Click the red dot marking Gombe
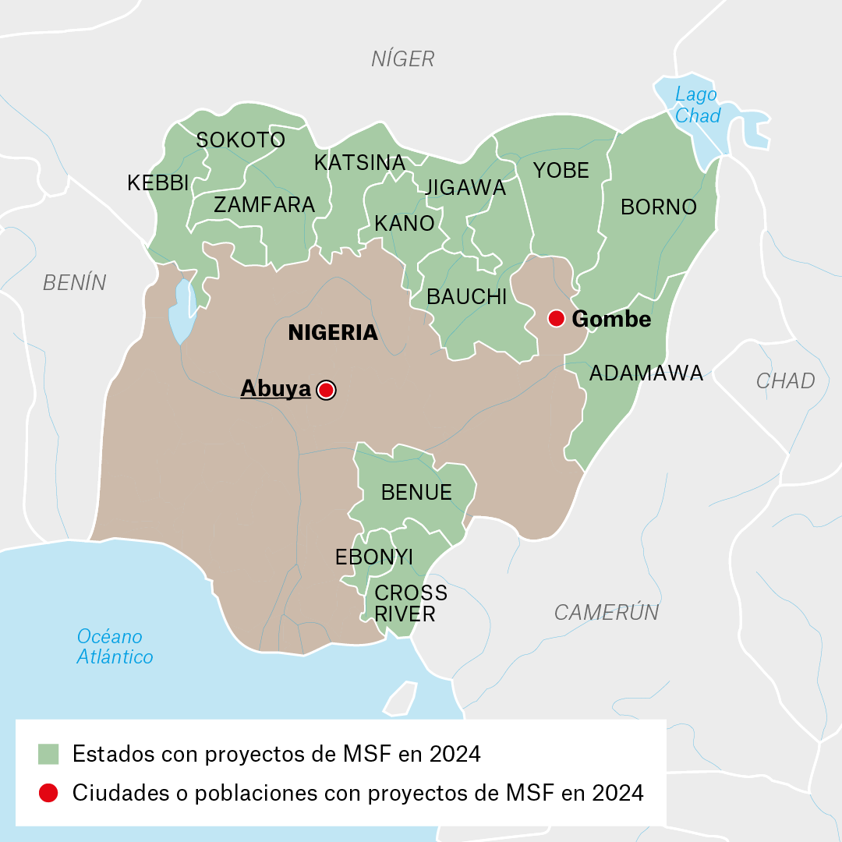click(556, 318)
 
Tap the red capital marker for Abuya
click(326, 390)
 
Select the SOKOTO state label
click(240, 140)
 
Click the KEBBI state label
click(158, 183)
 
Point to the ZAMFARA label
click(264, 205)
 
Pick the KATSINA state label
click(359, 163)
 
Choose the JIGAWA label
click(465, 188)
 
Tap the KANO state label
click(404, 224)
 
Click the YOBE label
click(561, 171)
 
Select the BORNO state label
click(658, 207)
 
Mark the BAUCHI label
click(467, 297)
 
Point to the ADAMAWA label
click(646, 373)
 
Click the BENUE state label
click(416, 493)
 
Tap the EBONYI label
click(374, 557)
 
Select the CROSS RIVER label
click(410, 603)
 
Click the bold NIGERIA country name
click(333, 333)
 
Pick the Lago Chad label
click(697, 105)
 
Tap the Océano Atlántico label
click(115, 646)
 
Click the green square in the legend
click(48, 754)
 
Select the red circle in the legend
click(48, 793)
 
